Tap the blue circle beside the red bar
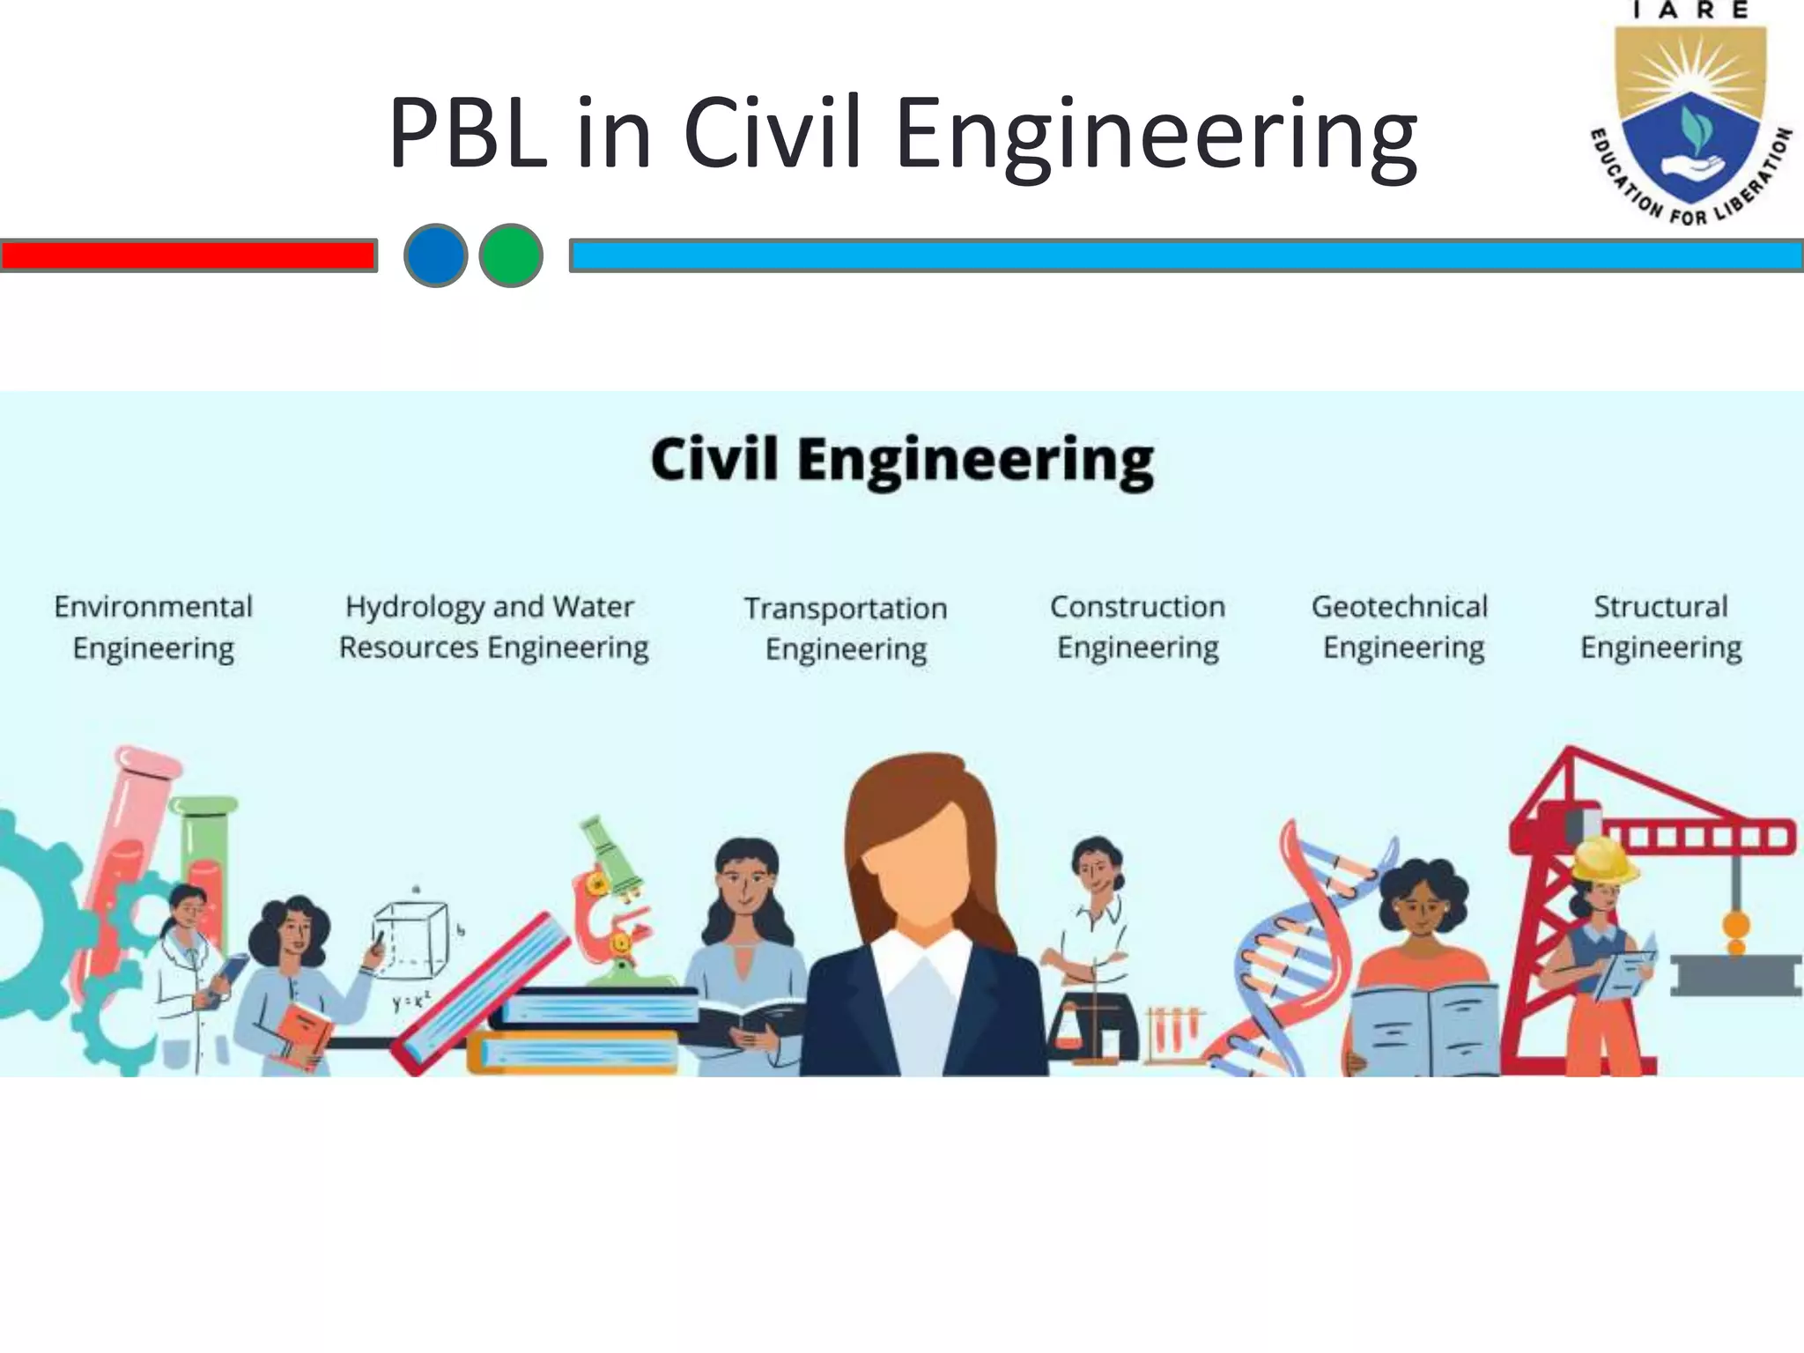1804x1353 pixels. tap(435, 255)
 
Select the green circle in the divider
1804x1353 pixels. tap(511, 255)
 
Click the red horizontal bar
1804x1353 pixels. tap(188, 255)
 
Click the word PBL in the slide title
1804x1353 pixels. tap(467, 134)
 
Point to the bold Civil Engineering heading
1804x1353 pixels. tap(902, 460)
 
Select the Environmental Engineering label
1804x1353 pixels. tap(153, 627)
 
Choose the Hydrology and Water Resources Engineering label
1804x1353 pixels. tap(493, 627)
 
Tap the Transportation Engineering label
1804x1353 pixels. tap(846, 629)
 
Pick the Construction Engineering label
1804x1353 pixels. tap(1137, 627)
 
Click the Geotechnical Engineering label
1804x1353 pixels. tap(1401, 627)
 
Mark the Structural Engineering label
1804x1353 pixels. tap(1660, 627)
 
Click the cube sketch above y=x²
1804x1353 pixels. tap(410, 938)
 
